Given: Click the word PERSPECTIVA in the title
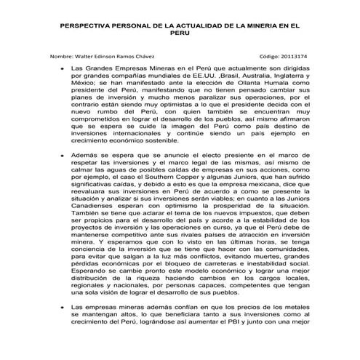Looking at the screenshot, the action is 85,25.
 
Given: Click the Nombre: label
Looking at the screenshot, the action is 63,56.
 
